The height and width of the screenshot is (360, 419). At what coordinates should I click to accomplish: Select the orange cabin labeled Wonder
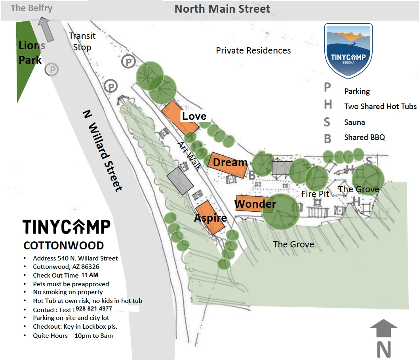click(253, 204)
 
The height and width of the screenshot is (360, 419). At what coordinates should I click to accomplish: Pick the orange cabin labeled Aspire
click(210, 218)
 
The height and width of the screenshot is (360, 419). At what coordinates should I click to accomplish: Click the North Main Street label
click(222, 9)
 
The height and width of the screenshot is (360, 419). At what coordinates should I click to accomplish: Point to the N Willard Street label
click(103, 150)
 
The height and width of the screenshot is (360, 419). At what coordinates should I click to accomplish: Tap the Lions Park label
click(31, 53)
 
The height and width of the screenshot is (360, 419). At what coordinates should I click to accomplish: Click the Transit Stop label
click(82, 41)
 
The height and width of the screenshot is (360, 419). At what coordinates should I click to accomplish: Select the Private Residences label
click(253, 51)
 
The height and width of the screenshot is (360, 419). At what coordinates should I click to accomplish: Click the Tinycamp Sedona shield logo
click(348, 50)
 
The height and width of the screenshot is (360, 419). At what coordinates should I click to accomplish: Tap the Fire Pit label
click(315, 194)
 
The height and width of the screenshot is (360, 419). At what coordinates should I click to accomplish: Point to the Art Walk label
click(189, 155)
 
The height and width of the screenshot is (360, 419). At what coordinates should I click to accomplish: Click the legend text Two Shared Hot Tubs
click(380, 106)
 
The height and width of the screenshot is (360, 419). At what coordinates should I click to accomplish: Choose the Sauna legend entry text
click(354, 122)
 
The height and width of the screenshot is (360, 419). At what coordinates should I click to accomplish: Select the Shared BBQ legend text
click(364, 137)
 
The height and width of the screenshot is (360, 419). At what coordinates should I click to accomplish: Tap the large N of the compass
click(383, 349)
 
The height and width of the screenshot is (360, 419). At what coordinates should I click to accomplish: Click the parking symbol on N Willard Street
click(51, 70)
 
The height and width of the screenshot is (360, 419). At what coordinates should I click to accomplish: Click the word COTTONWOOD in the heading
click(63, 245)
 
